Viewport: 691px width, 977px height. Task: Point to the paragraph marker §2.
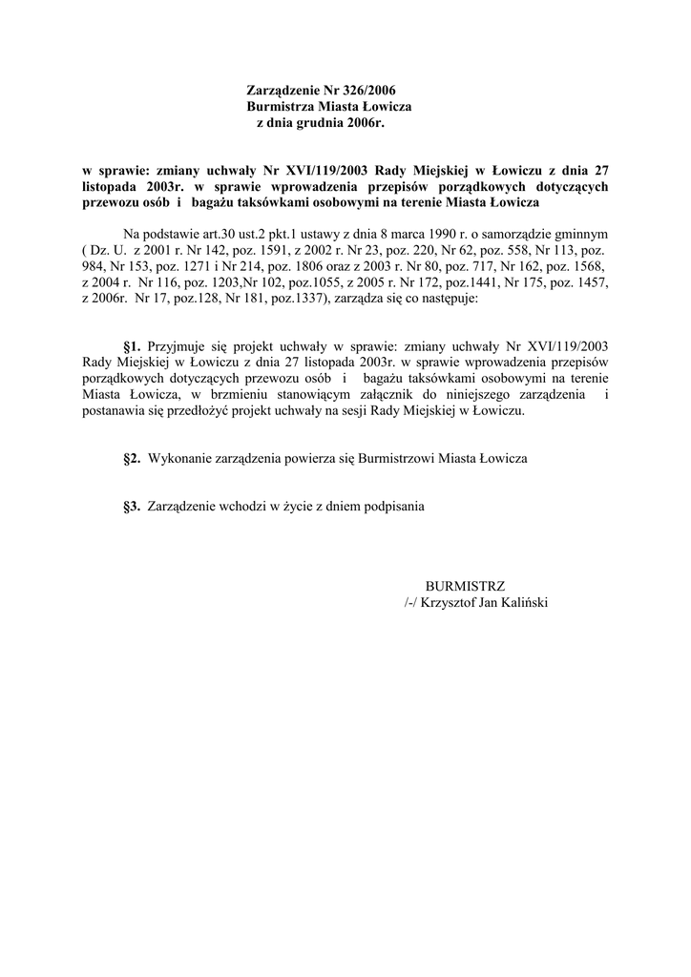(x=132, y=459)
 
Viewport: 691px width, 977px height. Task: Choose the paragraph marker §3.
(x=132, y=508)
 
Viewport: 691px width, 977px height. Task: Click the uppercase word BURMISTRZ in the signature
(x=465, y=586)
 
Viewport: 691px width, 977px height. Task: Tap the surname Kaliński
(x=524, y=603)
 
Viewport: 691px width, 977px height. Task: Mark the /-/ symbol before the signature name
(x=412, y=603)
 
